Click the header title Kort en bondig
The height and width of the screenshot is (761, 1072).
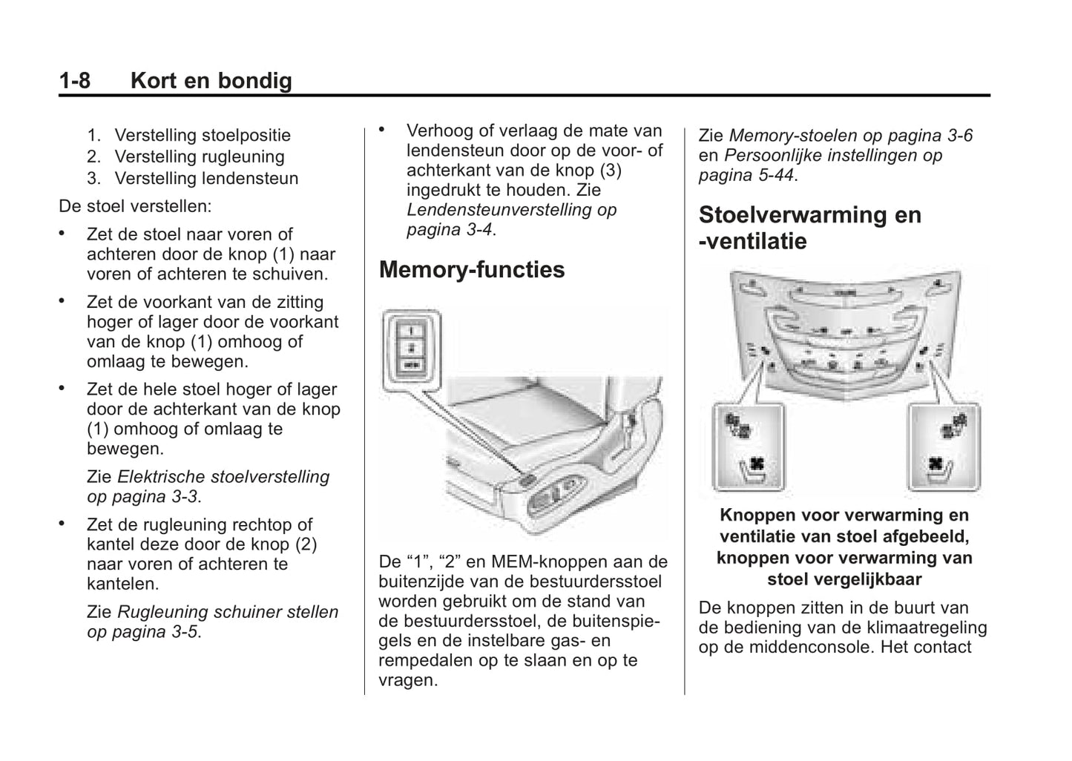pyautogui.click(x=211, y=80)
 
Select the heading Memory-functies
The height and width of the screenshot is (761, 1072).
pyautogui.click(x=472, y=269)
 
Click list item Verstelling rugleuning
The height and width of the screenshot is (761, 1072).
pyautogui.click(x=199, y=157)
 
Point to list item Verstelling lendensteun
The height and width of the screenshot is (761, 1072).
pyautogui.click(x=205, y=178)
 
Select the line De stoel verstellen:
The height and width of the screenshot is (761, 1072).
pyautogui.click(x=135, y=205)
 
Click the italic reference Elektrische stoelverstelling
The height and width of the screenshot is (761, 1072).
pyautogui.click(x=223, y=476)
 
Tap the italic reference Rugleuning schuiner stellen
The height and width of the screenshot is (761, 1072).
pyautogui.click(x=228, y=612)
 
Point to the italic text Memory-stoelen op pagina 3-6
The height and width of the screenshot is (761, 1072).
pyautogui.click(x=850, y=135)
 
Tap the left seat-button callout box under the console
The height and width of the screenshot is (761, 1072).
pyautogui.click(x=747, y=447)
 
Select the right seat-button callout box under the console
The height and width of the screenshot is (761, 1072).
pyautogui.click(x=944, y=447)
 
